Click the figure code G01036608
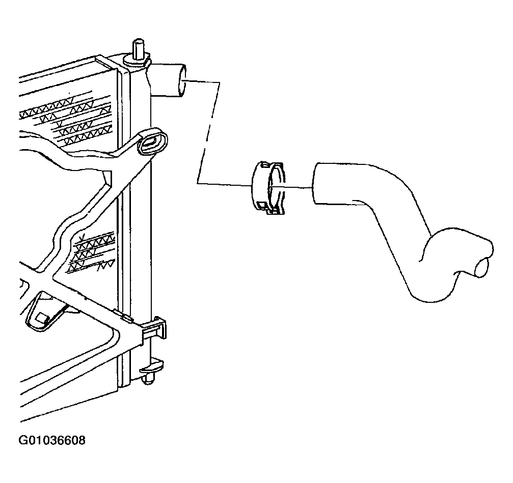[x=52, y=441]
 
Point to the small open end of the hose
[x=483, y=267]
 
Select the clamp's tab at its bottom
[x=276, y=211]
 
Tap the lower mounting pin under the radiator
[x=149, y=380]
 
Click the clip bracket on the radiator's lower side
[x=154, y=328]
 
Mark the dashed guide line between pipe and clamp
[x=208, y=132]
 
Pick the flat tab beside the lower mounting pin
[x=151, y=366]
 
